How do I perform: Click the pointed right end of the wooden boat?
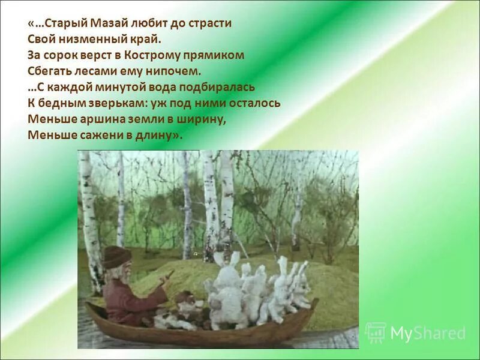click(315, 301)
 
